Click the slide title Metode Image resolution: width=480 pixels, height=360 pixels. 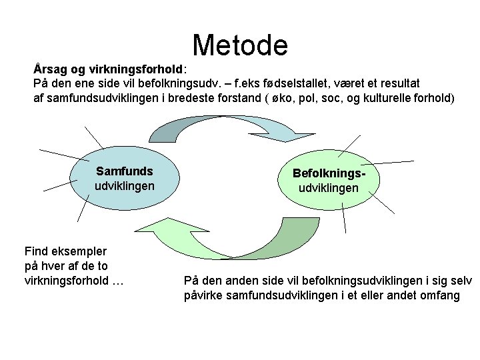tap(240, 45)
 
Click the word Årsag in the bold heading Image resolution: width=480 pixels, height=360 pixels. tap(48, 69)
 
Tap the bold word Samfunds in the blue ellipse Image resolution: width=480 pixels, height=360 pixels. tap(125, 171)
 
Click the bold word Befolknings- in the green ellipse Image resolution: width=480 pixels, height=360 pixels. tap(329, 173)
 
